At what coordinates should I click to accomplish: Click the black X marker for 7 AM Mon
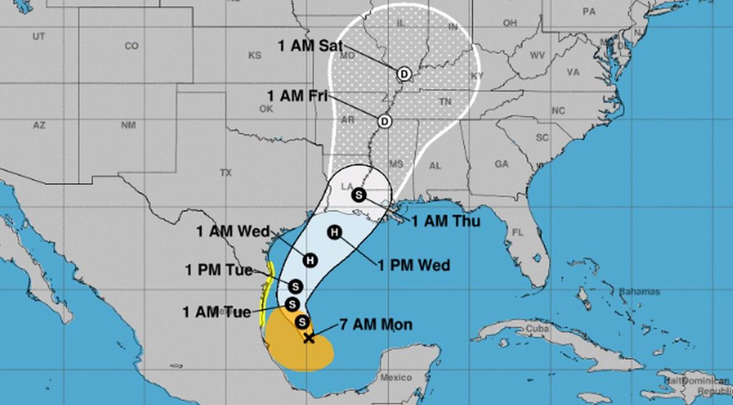[x=309, y=337]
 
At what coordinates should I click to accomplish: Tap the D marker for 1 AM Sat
[x=403, y=74]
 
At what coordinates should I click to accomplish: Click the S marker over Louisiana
[x=359, y=195]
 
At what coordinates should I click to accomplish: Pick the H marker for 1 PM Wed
[x=334, y=232]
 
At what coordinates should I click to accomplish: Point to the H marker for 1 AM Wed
[x=310, y=260]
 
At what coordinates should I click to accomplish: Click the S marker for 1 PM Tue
[x=296, y=285]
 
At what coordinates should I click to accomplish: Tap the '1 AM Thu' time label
[x=445, y=221]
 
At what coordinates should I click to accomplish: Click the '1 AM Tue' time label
[x=217, y=312]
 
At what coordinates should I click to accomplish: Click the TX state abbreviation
[x=226, y=173]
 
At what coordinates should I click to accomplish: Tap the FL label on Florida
[x=518, y=232]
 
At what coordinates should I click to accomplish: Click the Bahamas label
[x=640, y=292]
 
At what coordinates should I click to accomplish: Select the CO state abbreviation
[x=131, y=46]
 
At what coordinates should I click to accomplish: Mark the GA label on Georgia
[x=501, y=164]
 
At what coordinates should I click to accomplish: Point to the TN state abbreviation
[x=445, y=101]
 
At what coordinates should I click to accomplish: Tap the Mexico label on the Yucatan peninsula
[x=395, y=378]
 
